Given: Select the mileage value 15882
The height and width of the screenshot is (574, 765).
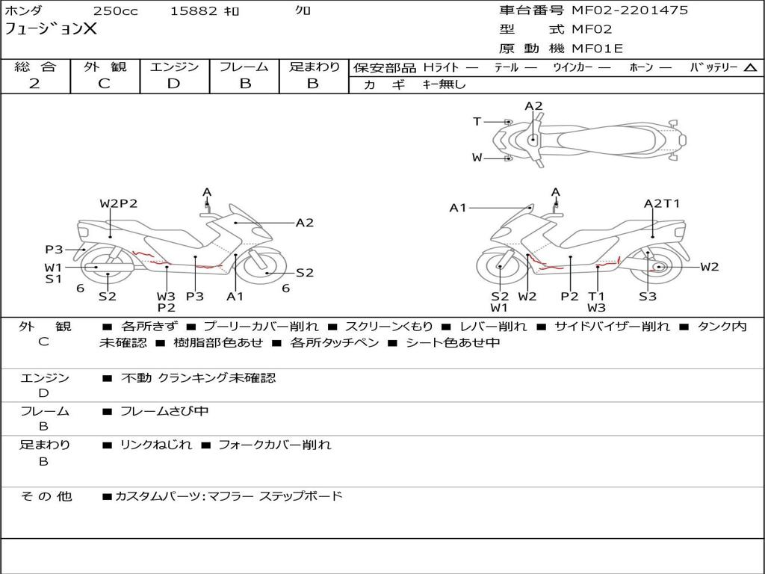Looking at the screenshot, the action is (x=193, y=11).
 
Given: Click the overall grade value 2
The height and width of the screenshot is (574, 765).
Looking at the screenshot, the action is (x=34, y=84).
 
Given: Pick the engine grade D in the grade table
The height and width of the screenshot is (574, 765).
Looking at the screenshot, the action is (x=173, y=84).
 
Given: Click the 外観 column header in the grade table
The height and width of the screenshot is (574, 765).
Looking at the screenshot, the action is (x=105, y=67).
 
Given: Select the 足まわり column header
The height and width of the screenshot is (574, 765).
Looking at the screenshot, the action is (x=314, y=67).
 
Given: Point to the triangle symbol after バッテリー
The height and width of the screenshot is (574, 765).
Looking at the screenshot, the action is (x=750, y=67).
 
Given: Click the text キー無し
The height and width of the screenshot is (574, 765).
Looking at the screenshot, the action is (x=444, y=84).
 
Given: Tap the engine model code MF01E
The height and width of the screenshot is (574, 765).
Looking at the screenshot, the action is (x=597, y=49).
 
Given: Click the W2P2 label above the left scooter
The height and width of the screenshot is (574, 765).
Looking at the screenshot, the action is (x=119, y=203).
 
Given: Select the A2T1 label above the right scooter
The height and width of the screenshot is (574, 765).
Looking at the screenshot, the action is (x=662, y=203).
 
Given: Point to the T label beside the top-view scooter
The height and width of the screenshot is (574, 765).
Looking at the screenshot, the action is (x=477, y=122).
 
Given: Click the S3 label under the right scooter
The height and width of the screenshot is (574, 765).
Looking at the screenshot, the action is (x=647, y=296).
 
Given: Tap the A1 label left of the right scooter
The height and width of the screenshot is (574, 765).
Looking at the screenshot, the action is (x=457, y=208).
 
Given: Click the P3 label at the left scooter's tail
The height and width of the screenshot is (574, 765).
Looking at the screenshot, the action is (x=54, y=250).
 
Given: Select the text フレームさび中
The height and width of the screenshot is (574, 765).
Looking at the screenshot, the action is (x=164, y=411).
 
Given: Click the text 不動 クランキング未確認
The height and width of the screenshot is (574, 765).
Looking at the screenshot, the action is (x=198, y=378).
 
